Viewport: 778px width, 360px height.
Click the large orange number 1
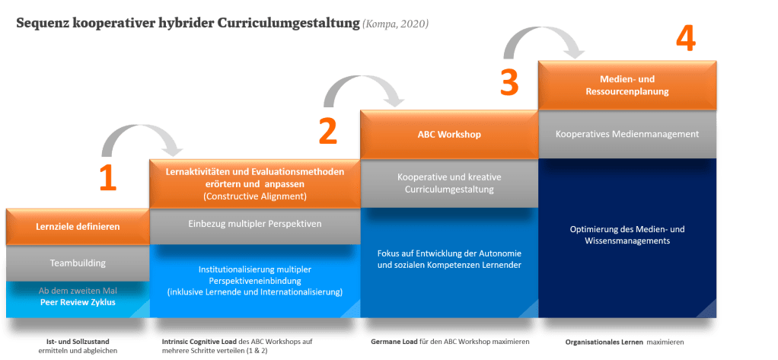(107, 175)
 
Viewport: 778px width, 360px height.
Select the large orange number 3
(510, 81)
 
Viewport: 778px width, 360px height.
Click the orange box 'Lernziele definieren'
(78, 226)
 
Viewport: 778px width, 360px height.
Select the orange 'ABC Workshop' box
(449, 135)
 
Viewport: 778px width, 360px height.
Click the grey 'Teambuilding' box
(78, 263)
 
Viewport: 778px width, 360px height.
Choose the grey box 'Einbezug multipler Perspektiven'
(255, 225)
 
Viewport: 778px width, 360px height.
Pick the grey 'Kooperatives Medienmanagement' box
(628, 134)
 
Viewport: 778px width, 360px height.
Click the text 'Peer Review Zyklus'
(78, 302)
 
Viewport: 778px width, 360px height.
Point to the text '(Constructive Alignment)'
(255, 196)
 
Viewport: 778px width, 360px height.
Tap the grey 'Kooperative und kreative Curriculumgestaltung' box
(449, 183)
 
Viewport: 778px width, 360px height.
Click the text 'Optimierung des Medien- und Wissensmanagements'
(628, 234)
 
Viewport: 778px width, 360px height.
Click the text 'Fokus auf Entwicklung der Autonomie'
(449, 253)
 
